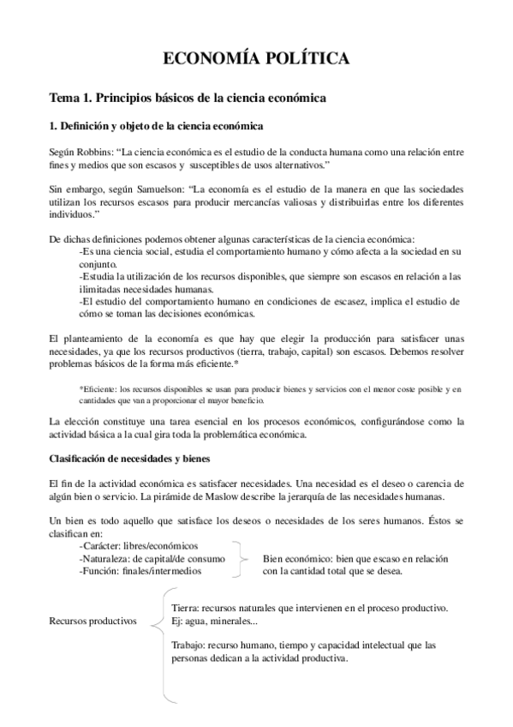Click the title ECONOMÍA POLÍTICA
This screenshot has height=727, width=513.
click(256, 58)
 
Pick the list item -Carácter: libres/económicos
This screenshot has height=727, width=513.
click(138, 546)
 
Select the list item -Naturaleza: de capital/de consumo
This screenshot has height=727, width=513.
click(152, 559)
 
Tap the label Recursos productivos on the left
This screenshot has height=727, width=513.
click(93, 622)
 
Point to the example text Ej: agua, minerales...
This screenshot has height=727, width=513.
click(214, 621)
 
